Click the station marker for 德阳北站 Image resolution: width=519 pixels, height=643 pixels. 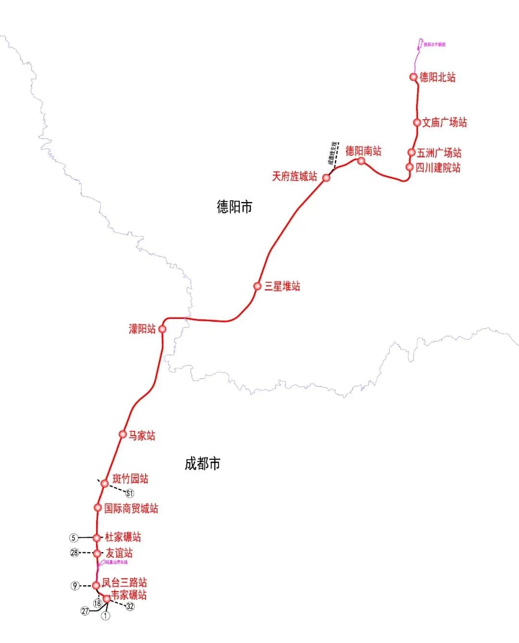(x=413, y=77)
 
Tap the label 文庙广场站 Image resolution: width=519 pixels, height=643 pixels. (x=444, y=123)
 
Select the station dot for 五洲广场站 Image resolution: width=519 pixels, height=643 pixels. (x=411, y=152)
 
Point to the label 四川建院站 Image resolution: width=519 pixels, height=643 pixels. (x=438, y=168)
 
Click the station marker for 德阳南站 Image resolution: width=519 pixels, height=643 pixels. (x=361, y=161)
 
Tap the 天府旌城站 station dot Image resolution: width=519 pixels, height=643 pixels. (x=326, y=177)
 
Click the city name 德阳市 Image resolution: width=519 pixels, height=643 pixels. (x=235, y=207)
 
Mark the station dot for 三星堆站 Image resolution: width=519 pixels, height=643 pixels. (x=258, y=286)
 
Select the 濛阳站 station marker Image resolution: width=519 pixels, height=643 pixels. (x=162, y=329)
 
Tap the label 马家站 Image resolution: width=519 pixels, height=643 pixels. (x=141, y=436)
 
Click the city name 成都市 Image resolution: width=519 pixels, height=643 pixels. (x=202, y=464)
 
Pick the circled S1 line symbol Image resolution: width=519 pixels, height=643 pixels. (x=129, y=493)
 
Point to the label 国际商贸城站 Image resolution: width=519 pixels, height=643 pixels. (x=131, y=508)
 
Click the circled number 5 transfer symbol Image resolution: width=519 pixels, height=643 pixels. (x=74, y=538)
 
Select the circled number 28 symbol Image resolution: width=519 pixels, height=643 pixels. (x=74, y=553)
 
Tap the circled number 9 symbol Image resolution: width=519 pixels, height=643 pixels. (x=74, y=586)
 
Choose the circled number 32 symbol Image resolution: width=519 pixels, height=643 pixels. (x=130, y=606)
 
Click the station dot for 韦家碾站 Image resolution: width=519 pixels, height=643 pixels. (x=107, y=598)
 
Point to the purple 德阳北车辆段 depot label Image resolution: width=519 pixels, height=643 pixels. (x=434, y=45)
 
